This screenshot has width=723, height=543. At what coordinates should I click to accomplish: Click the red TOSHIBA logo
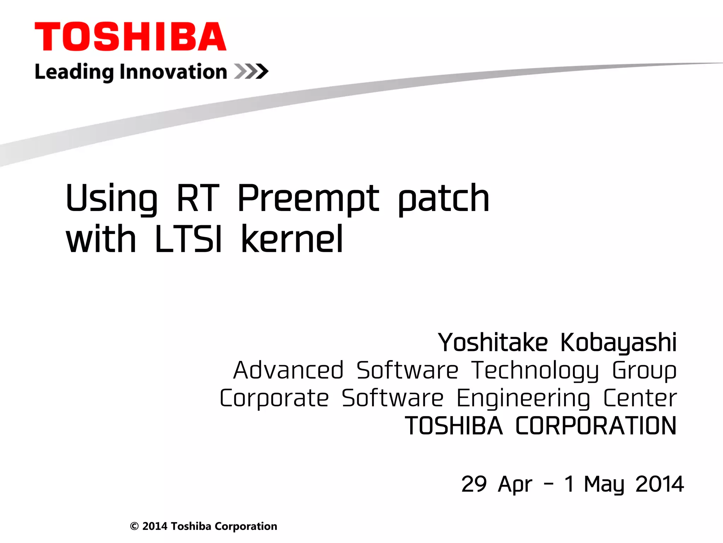pos(130,36)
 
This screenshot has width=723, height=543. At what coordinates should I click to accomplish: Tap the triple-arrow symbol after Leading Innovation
pos(251,71)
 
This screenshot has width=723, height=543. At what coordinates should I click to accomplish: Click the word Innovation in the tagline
pos(173,72)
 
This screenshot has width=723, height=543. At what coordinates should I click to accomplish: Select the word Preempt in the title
pos(308,199)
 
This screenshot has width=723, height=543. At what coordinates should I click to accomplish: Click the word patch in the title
pos(444,199)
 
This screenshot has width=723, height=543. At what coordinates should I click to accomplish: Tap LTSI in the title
pos(189,239)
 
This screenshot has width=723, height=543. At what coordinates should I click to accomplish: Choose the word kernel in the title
pos(292,239)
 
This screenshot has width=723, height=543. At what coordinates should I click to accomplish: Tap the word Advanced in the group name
pos(288,370)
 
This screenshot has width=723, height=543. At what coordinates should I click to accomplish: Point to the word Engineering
pos(523,398)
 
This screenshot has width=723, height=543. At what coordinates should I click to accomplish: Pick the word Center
pos(640,398)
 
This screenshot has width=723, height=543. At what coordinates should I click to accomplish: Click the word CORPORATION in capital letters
pos(596,426)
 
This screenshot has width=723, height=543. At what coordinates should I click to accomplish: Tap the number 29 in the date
pos(474,484)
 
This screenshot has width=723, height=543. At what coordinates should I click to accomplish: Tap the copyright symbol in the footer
pos(134,526)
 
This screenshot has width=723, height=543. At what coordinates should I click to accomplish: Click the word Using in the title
pos(112,199)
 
